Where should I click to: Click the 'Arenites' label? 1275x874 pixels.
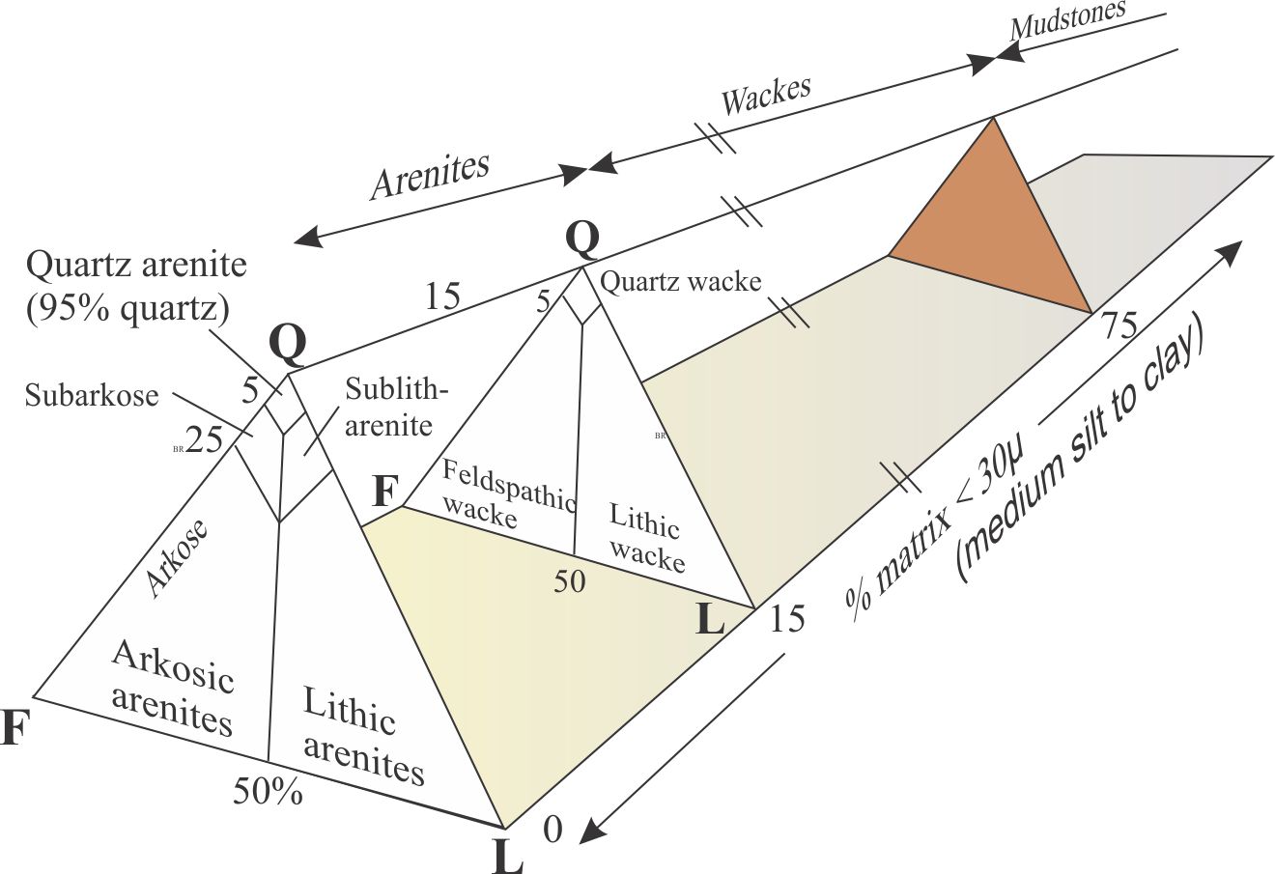click(430, 176)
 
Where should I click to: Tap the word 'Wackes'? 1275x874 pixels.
click(766, 95)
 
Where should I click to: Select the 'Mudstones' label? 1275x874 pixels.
click(1067, 21)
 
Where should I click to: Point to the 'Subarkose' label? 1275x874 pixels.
click(92, 395)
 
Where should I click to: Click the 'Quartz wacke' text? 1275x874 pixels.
click(680, 282)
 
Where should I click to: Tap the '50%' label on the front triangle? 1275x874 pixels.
click(267, 791)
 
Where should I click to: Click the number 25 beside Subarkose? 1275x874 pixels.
click(204, 440)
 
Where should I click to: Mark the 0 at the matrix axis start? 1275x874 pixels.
click(552, 829)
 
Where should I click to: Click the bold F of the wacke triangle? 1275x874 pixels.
click(384, 493)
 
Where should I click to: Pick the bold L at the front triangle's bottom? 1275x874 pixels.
click(508, 856)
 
